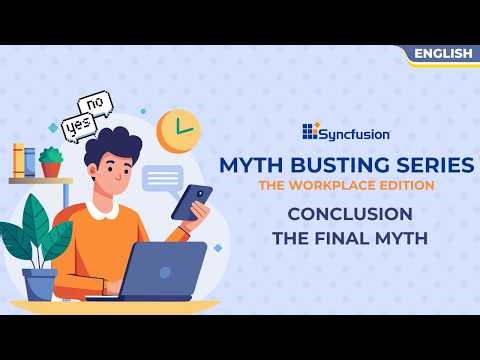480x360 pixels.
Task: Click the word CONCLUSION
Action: (x=350, y=214)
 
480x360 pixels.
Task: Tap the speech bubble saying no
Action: (x=98, y=103)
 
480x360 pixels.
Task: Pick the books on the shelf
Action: (x=24, y=160)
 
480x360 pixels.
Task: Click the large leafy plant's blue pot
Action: (x=40, y=283)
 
